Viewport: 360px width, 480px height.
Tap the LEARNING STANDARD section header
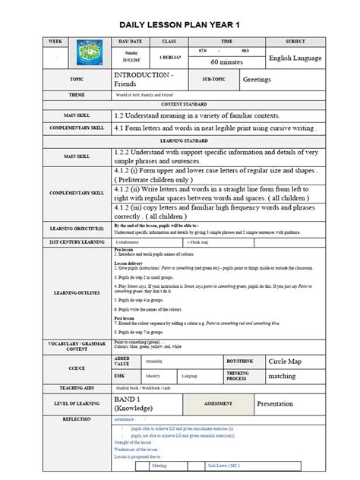coord(180,141)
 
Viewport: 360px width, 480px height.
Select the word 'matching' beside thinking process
coord(282,375)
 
